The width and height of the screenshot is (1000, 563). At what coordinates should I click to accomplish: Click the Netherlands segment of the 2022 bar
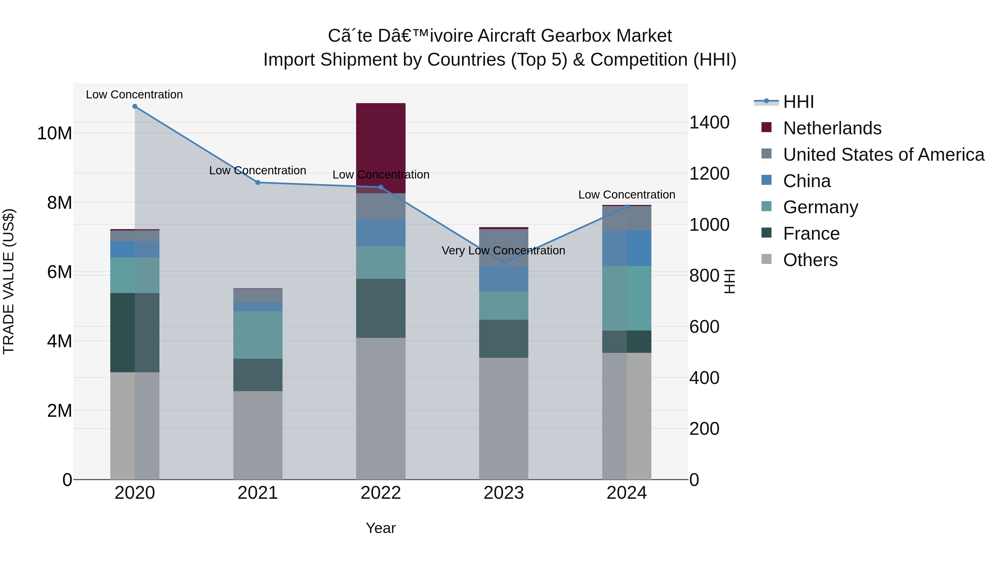(x=381, y=148)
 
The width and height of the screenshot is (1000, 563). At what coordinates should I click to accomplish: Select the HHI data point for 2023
(x=504, y=263)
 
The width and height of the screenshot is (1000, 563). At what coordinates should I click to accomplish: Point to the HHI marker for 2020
(x=135, y=106)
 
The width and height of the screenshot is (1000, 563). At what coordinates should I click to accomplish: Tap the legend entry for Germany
(x=820, y=207)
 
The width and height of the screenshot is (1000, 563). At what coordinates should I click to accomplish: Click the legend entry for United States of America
(x=884, y=155)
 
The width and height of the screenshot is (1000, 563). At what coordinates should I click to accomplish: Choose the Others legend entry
(x=810, y=260)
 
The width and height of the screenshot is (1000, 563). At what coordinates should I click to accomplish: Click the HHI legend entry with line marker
(x=798, y=102)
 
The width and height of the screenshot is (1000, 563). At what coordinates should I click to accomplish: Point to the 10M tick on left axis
(x=54, y=133)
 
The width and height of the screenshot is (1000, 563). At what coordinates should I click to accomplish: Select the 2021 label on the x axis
(x=258, y=493)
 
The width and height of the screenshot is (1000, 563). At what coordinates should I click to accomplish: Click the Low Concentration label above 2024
(x=627, y=195)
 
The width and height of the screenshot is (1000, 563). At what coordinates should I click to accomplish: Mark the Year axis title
(x=381, y=528)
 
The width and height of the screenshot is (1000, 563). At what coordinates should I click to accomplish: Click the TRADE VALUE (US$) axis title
(x=9, y=281)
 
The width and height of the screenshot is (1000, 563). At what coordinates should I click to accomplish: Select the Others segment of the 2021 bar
(x=258, y=435)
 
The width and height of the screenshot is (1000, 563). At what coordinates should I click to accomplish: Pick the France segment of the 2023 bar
(x=504, y=339)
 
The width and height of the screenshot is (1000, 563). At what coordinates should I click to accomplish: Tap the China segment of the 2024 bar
(x=627, y=249)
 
